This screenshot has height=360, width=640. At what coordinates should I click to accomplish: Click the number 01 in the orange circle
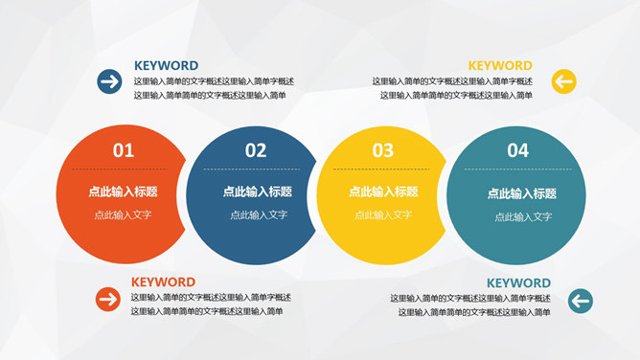click(124, 149)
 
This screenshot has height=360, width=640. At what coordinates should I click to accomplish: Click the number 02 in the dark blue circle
click(256, 149)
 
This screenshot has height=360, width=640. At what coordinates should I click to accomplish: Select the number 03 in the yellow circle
click(383, 149)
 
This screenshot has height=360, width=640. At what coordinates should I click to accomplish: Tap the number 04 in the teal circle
click(517, 149)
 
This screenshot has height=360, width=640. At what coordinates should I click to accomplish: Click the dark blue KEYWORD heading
click(166, 66)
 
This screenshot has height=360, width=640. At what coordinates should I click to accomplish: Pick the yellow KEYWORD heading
click(500, 66)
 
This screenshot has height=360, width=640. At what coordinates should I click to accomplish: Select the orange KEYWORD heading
click(163, 282)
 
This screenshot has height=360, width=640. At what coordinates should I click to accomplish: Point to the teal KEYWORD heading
click(518, 283)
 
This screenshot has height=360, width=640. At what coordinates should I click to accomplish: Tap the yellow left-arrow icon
click(563, 81)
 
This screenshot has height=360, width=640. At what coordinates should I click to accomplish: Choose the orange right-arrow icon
click(107, 300)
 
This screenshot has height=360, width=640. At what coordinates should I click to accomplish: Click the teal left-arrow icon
click(580, 302)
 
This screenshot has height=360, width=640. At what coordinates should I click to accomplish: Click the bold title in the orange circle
click(123, 191)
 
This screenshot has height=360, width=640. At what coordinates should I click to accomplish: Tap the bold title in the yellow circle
click(383, 191)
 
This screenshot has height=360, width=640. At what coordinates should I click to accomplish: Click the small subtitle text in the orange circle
click(123, 215)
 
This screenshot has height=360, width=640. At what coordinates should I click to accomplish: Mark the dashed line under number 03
click(383, 169)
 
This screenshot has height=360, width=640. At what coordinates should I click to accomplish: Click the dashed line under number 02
click(256, 169)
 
